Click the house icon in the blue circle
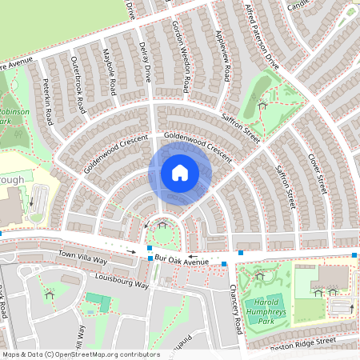pyautogui.click(x=180, y=172)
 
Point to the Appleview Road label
pyautogui.click(x=223, y=56)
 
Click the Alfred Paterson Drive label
pyautogui.click(x=262, y=37)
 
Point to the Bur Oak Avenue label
pyautogui.click(x=182, y=262)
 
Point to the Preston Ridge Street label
pyautogui.click(x=302, y=342)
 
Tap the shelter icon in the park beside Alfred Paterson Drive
pyautogui.click(x=262, y=105)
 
